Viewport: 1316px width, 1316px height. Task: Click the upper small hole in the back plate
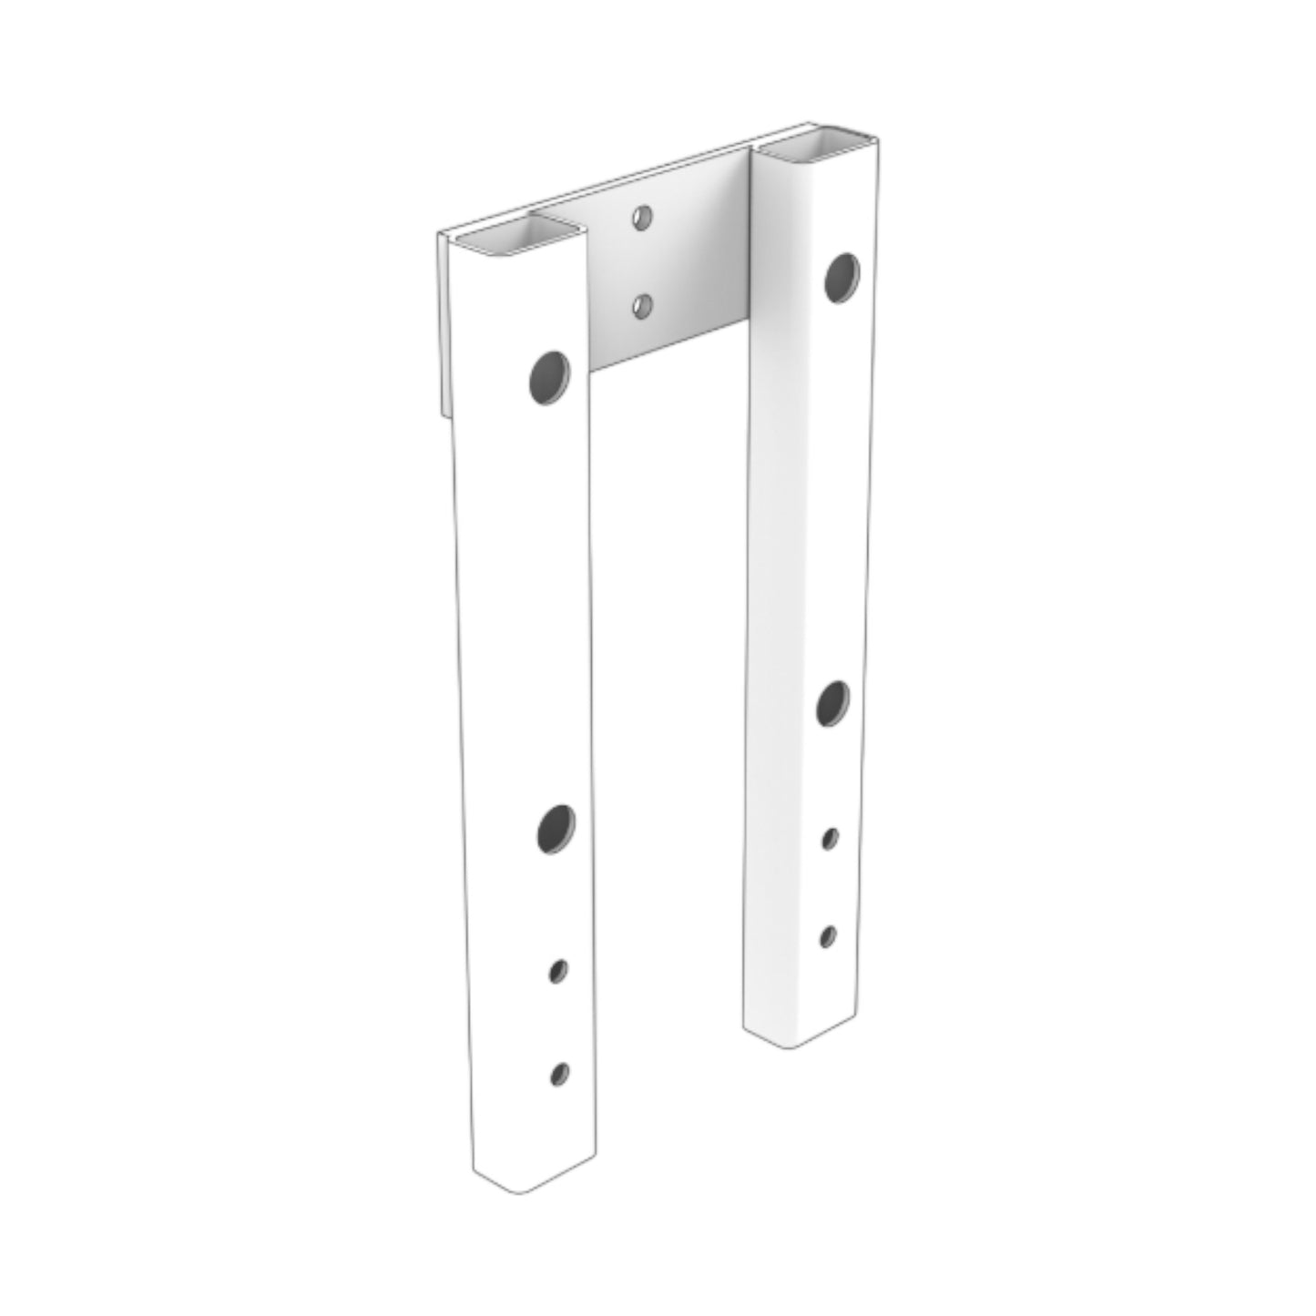coord(643,217)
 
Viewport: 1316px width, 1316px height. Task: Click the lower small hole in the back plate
coord(642,307)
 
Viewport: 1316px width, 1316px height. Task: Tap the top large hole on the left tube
coord(550,377)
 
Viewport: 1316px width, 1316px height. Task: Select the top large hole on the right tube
coord(841,278)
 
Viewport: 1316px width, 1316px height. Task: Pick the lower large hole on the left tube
coord(556,828)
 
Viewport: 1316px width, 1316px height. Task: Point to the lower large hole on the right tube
coord(832,703)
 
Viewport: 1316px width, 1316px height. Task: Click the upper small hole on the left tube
coord(557,972)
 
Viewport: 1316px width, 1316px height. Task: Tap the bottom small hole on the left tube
coord(560,1074)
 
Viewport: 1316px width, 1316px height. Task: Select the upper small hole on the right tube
coord(830,838)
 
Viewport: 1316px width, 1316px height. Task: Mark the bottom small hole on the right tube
coord(828,935)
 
